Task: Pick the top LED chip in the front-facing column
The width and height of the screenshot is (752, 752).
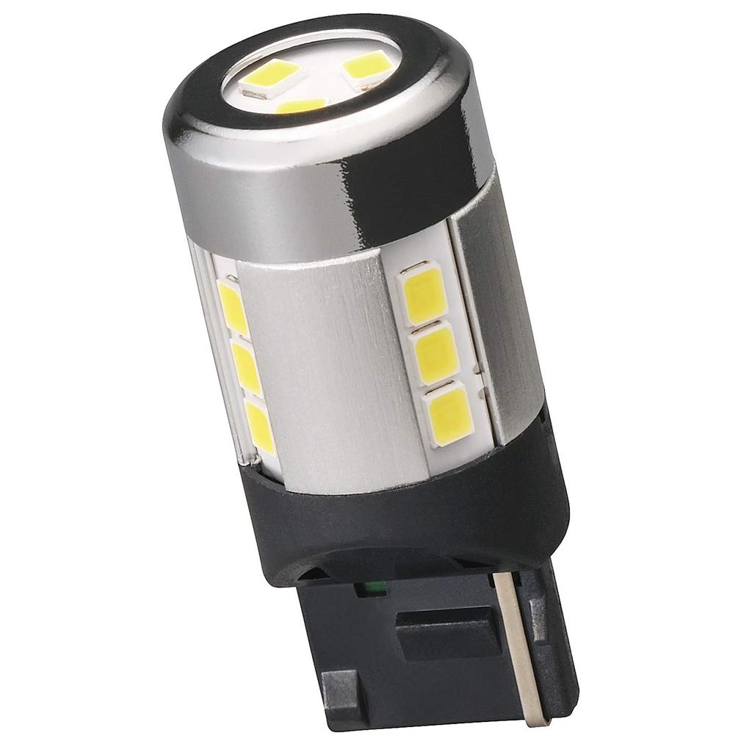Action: (x=423, y=294)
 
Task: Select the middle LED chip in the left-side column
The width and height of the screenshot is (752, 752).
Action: (x=246, y=365)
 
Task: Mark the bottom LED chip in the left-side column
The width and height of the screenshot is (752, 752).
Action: (x=260, y=425)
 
